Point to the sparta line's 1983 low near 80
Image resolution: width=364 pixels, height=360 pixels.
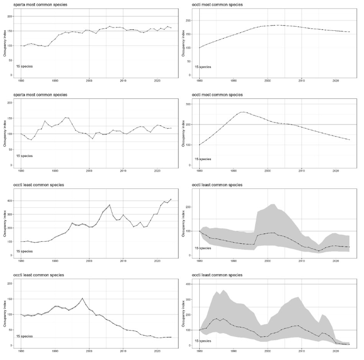pos(31,140)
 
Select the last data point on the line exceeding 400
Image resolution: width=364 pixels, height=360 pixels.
pos(171,199)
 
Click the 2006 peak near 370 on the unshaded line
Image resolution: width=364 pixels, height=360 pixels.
pos(110,205)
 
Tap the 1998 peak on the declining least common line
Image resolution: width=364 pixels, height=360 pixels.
pos(82,298)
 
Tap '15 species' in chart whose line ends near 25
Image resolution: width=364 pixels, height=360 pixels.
pos(25,336)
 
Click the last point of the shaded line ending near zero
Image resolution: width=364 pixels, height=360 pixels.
pos(349,344)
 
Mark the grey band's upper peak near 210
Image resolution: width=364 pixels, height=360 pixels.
pos(273,204)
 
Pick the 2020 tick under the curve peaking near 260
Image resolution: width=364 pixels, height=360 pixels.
pos(335,171)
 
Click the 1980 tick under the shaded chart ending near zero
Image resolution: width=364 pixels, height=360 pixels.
pos(199,351)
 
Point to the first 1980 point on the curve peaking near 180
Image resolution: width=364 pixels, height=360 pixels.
pos(199,48)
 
